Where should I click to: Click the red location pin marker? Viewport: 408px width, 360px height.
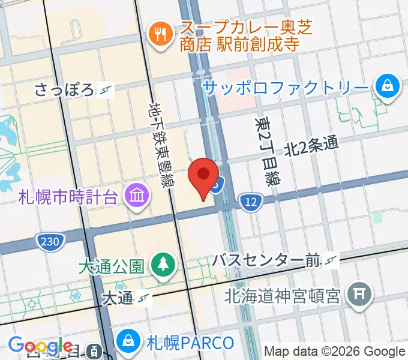[203, 175]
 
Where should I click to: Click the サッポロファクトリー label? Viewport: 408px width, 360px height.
[285, 88]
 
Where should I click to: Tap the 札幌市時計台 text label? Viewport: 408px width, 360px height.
[68, 196]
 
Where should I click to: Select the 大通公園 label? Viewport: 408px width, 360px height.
[111, 265]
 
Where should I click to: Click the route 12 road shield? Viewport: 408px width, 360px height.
[250, 203]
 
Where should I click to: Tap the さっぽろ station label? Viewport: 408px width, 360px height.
[65, 90]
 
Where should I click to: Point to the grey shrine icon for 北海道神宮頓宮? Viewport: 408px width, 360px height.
[362, 294]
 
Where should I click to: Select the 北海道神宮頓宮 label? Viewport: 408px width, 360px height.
[283, 295]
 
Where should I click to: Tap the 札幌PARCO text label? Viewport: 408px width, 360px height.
[190, 343]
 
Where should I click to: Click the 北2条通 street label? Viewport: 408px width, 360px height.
[311, 145]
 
